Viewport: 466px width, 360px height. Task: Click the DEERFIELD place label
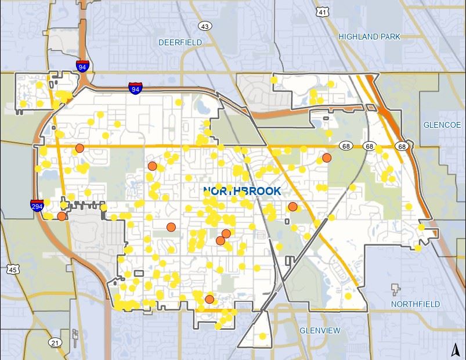(x=180, y=42)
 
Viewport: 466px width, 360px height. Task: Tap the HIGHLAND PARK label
(x=369, y=37)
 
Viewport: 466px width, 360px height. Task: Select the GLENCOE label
(x=442, y=125)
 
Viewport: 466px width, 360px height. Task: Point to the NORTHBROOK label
(x=242, y=191)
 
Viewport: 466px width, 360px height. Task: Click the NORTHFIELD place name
(x=415, y=304)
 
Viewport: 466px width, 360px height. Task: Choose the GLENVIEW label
(x=320, y=330)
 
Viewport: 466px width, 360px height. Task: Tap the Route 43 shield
(x=204, y=26)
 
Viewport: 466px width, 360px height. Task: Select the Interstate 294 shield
(x=38, y=205)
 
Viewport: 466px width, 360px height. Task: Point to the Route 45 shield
(x=13, y=269)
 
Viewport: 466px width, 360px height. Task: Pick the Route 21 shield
(x=54, y=342)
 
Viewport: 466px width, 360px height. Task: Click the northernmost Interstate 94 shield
(x=82, y=66)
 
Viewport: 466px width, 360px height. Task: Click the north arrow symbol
(x=456, y=349)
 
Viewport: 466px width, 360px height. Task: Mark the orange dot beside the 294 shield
(x=62, y=216)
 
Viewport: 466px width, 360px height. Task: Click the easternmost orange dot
(x=327, y=157)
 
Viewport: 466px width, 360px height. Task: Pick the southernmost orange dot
(x=209, y=300)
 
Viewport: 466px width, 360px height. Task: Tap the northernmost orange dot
(x=80, y=148)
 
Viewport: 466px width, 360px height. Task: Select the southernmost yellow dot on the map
(x=262, y=336)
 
